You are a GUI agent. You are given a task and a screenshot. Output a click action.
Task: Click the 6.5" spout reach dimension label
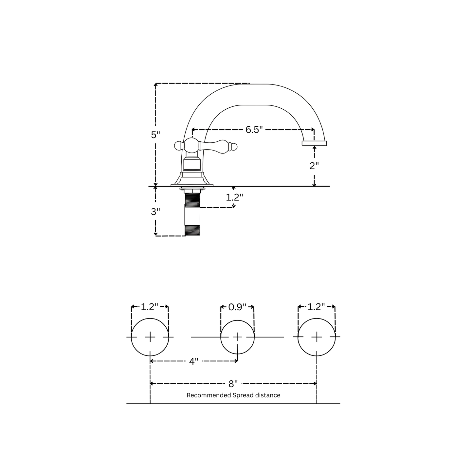(254, 130)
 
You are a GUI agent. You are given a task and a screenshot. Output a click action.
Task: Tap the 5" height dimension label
(155, 135)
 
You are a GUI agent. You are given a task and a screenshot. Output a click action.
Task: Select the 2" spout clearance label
(314, 166)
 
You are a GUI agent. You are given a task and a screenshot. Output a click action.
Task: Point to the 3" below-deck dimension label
(155, 211)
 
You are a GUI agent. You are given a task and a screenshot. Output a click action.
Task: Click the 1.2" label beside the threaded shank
(234, 197)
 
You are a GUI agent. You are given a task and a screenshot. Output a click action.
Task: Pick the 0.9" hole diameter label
(237, 307)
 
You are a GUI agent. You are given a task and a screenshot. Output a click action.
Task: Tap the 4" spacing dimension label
(193, 361)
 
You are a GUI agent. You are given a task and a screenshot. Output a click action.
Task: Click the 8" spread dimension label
(233, 384)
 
